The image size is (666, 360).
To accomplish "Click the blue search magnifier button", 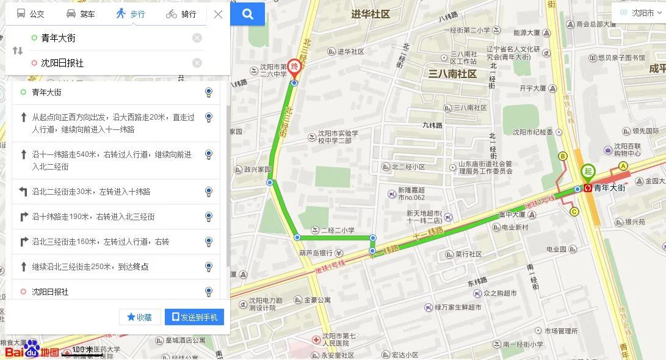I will pos(248,14).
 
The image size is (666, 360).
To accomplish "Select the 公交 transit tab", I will pos(31,14).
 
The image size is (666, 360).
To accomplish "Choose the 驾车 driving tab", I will pos(81,14).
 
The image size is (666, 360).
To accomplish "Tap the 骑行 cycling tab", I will pos(181,14).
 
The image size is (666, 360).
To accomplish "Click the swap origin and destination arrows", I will pos(17,51).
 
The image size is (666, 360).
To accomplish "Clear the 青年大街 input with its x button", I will pos(197,38).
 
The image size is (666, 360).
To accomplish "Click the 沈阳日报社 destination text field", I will pos(110,63).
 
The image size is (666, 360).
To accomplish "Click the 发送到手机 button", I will pos(195,317).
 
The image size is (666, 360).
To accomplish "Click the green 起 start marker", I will pos(588,171).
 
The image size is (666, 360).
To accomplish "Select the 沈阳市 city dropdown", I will pos(638,12).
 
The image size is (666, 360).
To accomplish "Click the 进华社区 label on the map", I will pos(371,14).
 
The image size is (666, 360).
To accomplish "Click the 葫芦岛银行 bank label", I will pos(316,253).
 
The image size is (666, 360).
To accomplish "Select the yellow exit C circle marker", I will pos(574,212).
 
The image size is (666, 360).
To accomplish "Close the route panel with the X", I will pos(218,14).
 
